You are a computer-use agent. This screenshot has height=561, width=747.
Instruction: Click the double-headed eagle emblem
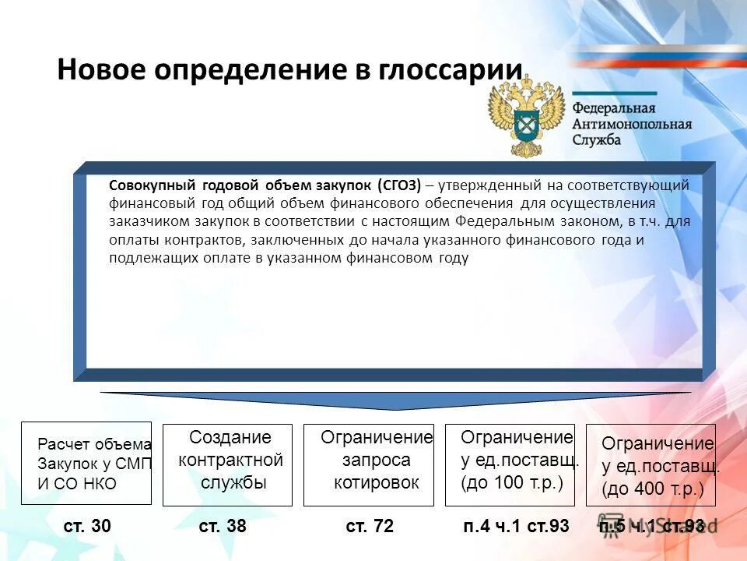pos(526,115)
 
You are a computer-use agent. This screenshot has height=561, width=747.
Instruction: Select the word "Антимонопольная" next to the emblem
pos(632,124)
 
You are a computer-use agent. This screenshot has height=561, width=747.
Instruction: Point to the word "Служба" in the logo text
pos(597,140)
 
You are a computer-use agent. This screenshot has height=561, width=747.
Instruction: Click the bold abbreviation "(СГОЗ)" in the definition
pos(399,185)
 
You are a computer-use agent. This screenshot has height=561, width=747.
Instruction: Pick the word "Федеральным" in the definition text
pos(507,221)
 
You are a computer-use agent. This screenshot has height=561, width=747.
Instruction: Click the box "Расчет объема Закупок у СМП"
pos(86,464)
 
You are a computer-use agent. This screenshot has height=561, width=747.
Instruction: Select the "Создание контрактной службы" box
pos(227,464)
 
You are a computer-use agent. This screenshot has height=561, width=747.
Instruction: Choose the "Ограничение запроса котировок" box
pos(368,464)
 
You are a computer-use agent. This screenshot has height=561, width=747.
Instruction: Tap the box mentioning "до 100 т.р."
pos(510,464)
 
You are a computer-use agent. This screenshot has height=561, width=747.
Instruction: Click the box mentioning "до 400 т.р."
pos(651,465)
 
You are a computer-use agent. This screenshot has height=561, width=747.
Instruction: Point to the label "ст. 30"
pos(87,527)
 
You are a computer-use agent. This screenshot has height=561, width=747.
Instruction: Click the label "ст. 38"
pos(223,527)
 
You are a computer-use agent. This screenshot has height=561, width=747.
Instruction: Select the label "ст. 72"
pos(370,527)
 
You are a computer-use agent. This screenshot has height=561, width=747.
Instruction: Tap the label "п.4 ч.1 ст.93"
pos(516,527)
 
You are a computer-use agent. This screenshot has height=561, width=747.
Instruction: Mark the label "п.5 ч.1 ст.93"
pos(652,527)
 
